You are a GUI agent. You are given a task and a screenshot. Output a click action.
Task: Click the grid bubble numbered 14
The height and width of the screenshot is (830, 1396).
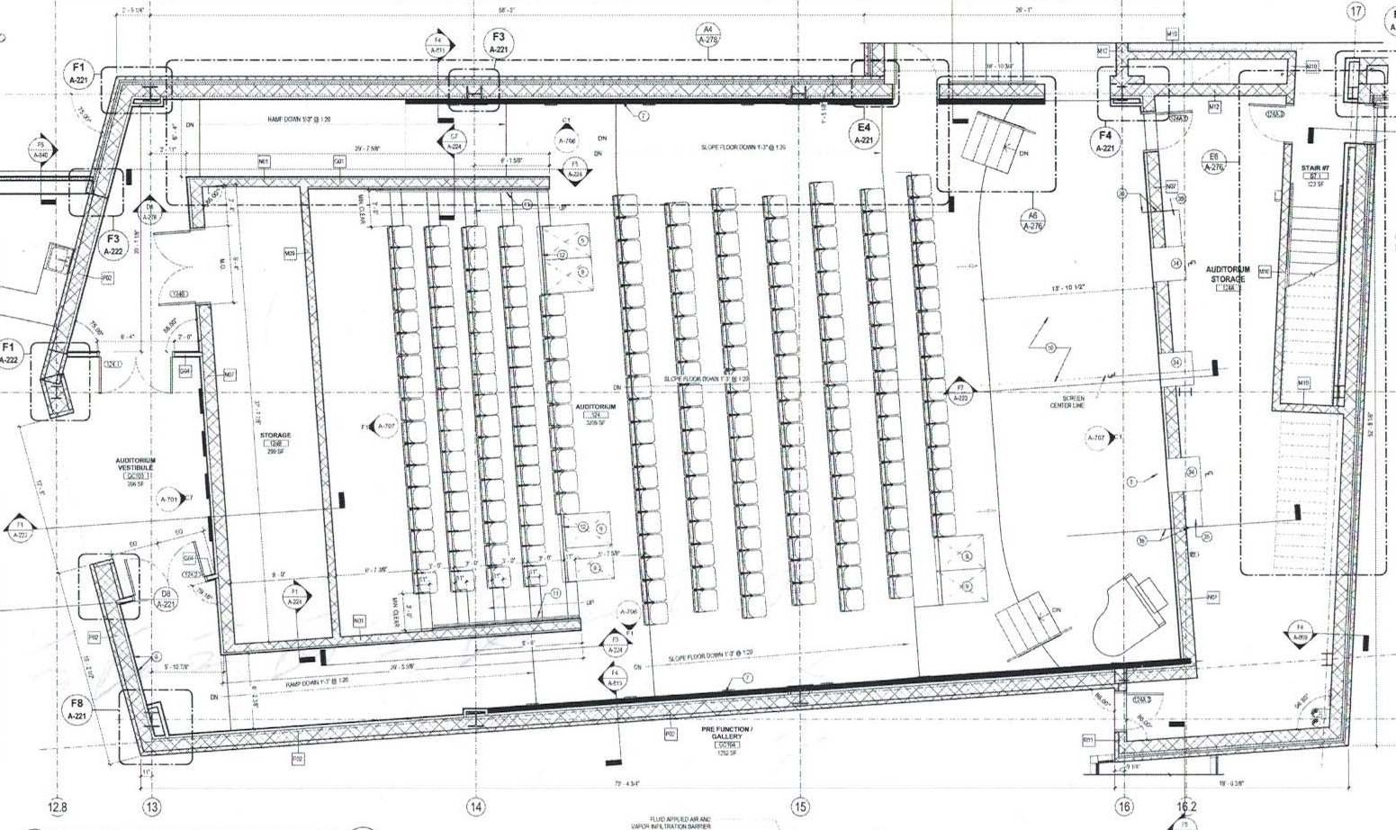475,807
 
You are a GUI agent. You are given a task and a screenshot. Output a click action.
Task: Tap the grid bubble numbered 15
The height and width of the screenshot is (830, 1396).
799,807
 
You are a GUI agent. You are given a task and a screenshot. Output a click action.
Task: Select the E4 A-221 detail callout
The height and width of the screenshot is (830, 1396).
864,133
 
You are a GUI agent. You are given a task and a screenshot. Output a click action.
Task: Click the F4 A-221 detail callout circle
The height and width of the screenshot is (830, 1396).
1105,141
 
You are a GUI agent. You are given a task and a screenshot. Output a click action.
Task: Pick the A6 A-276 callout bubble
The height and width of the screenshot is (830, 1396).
1032,220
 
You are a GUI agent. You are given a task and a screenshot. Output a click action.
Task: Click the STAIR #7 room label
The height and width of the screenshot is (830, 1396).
1315,174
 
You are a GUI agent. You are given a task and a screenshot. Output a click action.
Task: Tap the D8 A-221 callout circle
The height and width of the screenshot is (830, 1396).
166,599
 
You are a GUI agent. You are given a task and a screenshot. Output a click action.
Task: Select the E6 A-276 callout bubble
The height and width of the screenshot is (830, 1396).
1214,161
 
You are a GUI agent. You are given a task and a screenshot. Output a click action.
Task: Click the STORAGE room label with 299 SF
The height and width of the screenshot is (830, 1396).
275,442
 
